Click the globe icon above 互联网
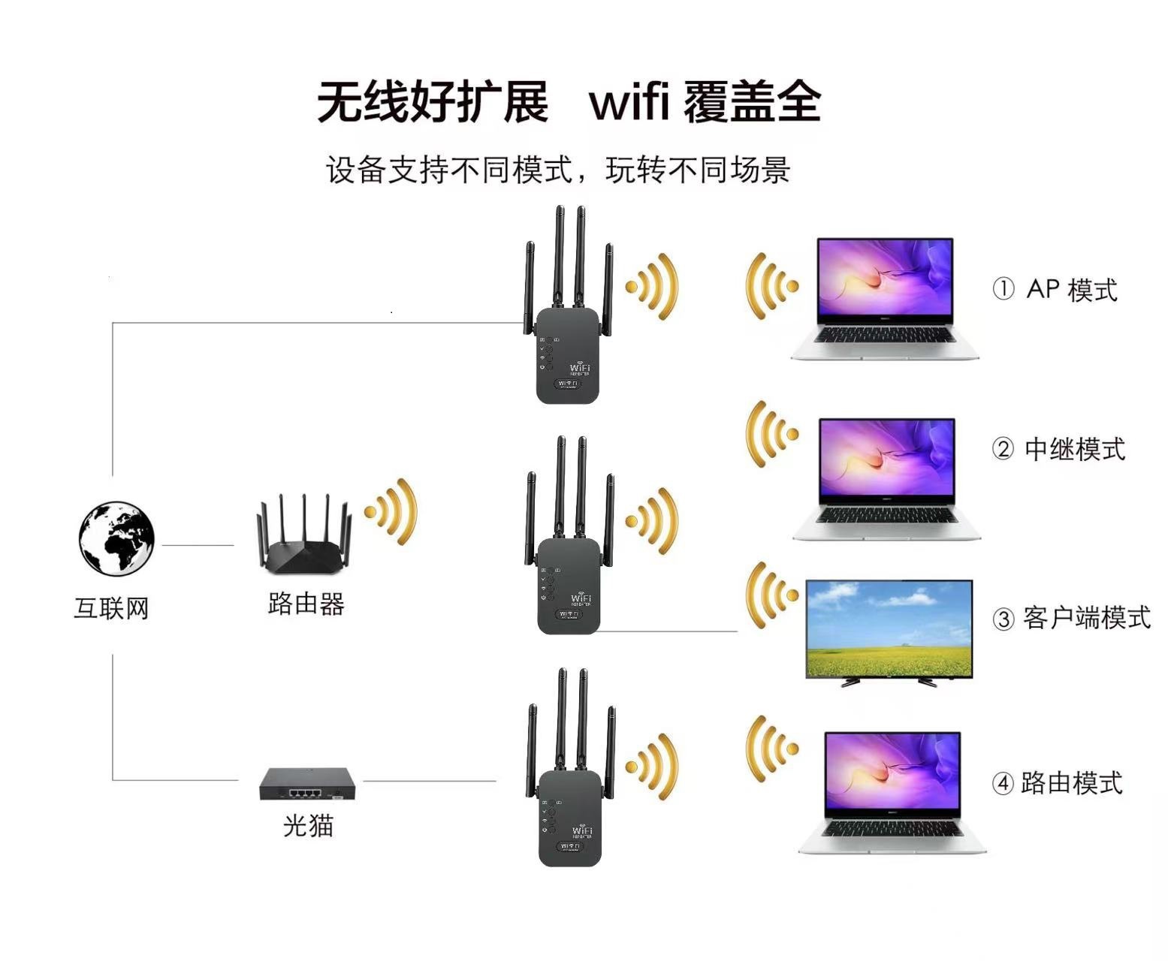click(116, 539)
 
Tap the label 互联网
click(111, 607)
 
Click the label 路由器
click(306, 603)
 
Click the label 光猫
click(308, 826)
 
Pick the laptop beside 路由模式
click(892, 792)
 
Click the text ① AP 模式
click(1055, 290)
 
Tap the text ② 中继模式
click(1058, 450)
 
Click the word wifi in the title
click(629, 103)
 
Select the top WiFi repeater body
click(567, 357)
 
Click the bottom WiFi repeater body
click(569, 822)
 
